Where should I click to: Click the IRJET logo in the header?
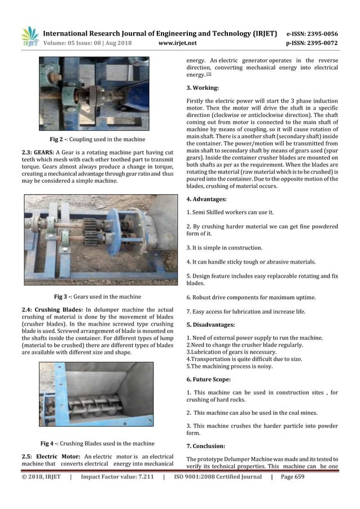coord(29,37)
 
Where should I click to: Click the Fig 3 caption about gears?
coord(97,296)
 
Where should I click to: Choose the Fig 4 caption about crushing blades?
coord(97,443)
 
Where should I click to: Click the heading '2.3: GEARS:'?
coord(37,153)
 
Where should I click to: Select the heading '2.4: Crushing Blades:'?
coord(49,309)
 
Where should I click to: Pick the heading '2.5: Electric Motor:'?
coord(47,456)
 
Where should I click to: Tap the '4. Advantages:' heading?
coord(207,199)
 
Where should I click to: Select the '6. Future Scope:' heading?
coord(209,379)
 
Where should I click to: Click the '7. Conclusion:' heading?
coord(206,446)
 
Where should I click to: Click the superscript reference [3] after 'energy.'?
coord(209,74)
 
